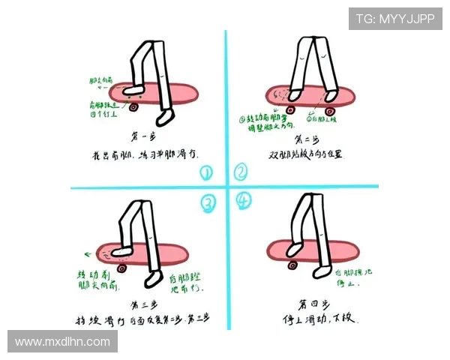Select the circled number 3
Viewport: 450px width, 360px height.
tap(208, 202)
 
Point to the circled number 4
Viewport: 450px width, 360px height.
tap(242, 201)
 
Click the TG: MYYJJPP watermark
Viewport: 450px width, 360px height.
tap(394, 19)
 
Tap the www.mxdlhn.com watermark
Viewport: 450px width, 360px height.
tap(62, 342)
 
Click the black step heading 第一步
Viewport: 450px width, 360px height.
tap(144, 137)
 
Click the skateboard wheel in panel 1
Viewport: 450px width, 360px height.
tap(133, 107)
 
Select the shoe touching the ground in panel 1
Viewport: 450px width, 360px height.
tap(164, 118)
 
